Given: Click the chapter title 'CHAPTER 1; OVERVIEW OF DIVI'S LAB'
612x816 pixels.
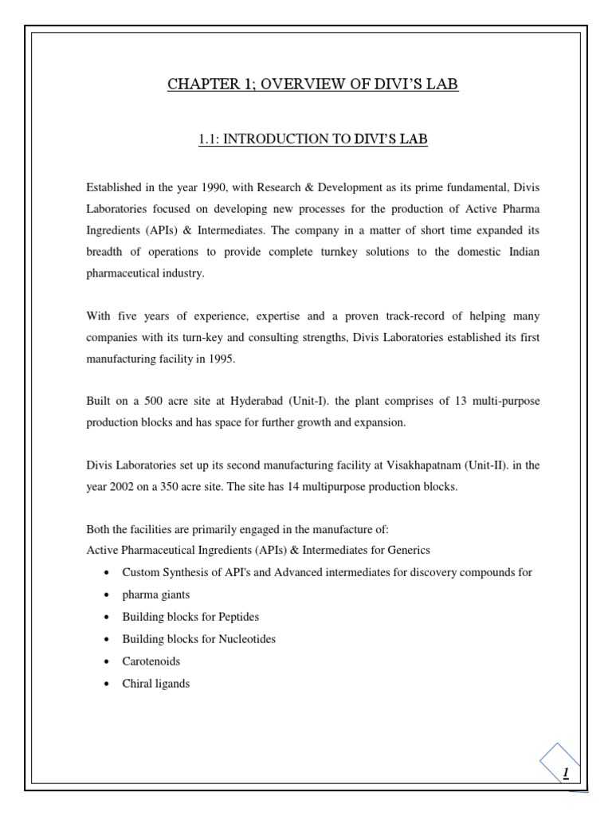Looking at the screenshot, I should coord(312,84).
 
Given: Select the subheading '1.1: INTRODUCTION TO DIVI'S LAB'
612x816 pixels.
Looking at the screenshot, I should coord(312,139).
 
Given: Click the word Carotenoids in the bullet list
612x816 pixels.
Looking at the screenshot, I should coord(151,661).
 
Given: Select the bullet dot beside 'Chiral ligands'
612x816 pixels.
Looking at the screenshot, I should coord(106,684).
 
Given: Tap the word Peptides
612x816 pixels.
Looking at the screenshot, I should coord(236,618).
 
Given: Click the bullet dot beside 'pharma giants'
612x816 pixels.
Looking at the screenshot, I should coord(106,595).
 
